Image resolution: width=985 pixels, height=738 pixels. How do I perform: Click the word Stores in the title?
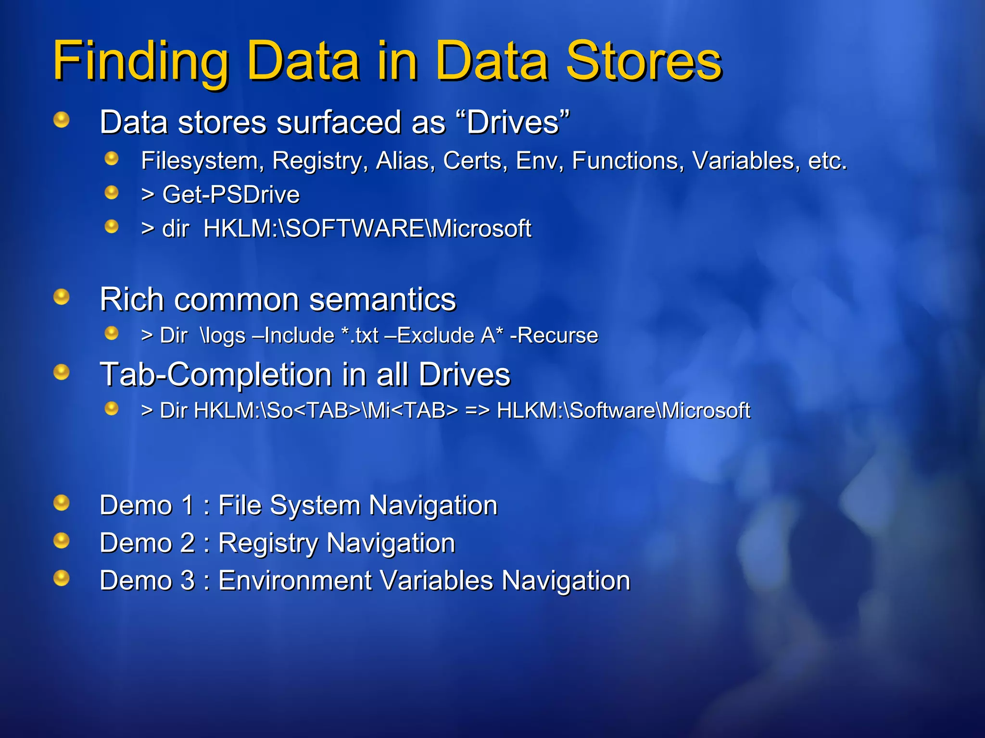[x=644, y=61]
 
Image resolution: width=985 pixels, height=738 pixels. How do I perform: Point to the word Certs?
[x=475, y=160]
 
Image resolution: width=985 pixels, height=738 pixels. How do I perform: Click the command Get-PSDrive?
[x=231, y=195]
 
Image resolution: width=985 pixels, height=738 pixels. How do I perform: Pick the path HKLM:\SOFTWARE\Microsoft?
[x=367, y=228]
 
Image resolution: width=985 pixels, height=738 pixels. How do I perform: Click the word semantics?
[x=382, y=300]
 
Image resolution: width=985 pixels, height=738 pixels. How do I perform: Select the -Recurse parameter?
[x=554, y=335]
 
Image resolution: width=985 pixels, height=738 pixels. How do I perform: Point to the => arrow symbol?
[x=477, y=411]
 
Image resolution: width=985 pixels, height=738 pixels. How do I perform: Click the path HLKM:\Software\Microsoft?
[x=623, y=411]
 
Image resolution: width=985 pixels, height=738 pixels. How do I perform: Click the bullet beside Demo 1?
[x=62, y=503]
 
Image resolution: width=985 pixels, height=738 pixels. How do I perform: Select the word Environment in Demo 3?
[x=294, y=580]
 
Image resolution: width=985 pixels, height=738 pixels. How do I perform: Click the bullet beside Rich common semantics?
[x=62, y=297]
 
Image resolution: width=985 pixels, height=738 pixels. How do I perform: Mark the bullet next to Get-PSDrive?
[x=112, y=193]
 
